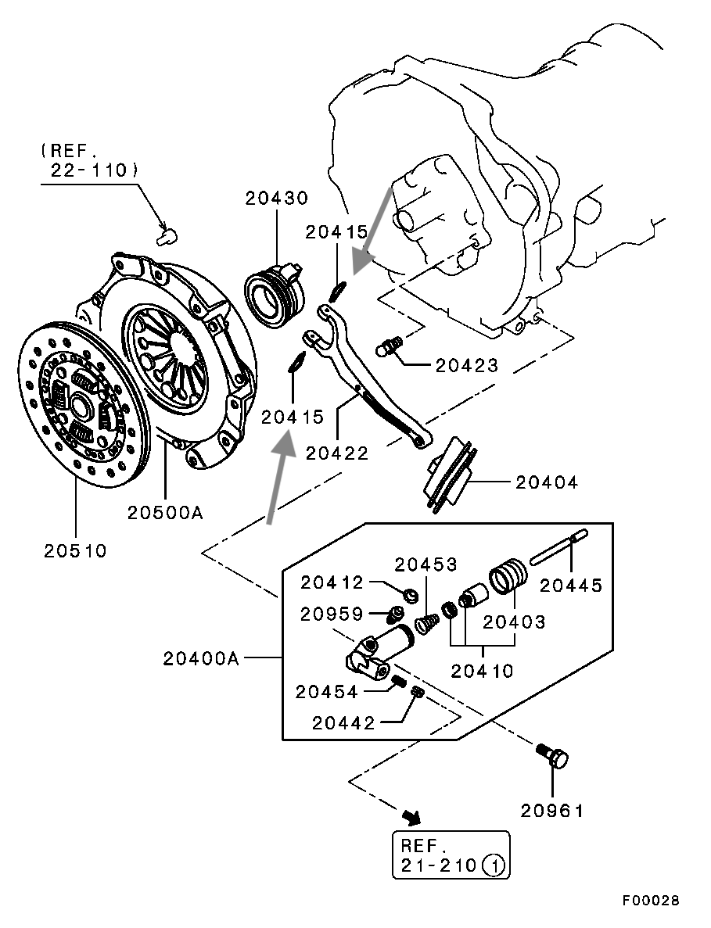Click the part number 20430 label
point(276,199)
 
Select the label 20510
point(75,550)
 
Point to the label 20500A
point(165,513)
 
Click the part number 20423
point(467,364)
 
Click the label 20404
point(547,482)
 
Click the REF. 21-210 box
point(450,855)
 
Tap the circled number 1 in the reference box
point(493,865)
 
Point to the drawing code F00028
point(651,901)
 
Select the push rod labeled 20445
point(557,547)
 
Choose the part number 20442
point(343,723)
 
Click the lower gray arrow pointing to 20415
point(279,477)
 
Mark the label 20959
point(332,614)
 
